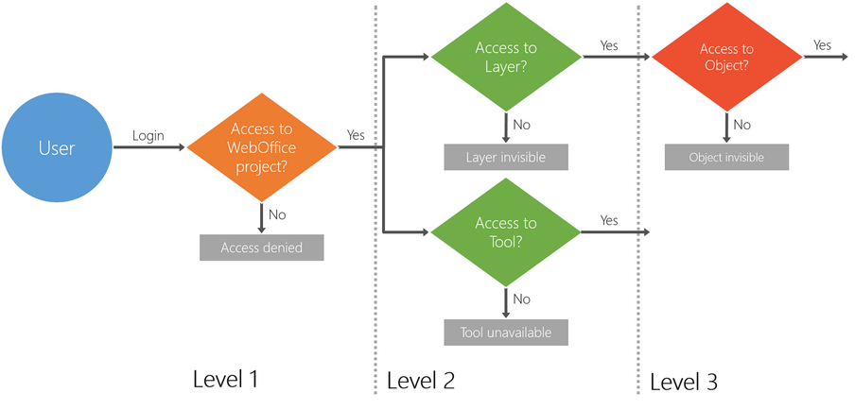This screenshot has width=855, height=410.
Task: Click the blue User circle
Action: pos(57,147)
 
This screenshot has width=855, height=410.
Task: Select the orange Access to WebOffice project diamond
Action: pos(262,147)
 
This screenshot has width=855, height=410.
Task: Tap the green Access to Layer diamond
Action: pos(506,57)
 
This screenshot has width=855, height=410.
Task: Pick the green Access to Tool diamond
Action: pos(506,231)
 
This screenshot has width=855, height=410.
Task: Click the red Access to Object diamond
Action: pos(726,57)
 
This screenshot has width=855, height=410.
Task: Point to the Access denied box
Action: pos(262,248)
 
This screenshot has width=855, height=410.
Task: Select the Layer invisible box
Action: pos(506,157)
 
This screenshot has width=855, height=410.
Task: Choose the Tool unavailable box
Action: pos(506,333)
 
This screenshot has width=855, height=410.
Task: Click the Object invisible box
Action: pos(726,157)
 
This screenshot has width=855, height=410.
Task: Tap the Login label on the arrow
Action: pos(148,135)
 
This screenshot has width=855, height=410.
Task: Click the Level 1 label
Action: pos(225,379)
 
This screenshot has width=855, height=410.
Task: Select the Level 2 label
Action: pos(421,381)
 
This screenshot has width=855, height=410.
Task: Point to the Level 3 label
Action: pos(684,382)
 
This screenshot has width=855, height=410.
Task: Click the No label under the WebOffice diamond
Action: pos(277,214)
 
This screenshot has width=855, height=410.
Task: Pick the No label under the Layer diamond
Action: pos(521,124)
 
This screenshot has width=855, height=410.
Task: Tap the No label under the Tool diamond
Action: pos(521,299)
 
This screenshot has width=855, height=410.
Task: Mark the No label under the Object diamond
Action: pos(742,124)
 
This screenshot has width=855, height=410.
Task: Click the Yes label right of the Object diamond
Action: pos(822,44)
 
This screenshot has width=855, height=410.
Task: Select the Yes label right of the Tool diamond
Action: pos(609,220)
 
